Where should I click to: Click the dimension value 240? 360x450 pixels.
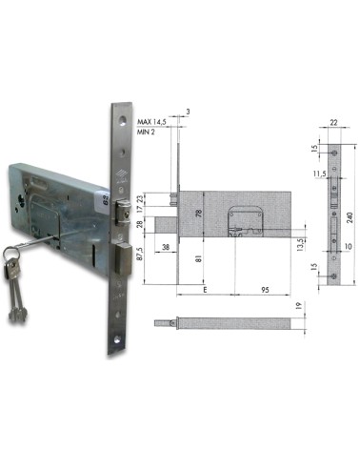[350, 217]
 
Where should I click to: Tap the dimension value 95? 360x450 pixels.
[265, 290]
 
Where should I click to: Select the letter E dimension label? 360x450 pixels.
[205, 290]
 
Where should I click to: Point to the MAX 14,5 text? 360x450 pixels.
[151, 122]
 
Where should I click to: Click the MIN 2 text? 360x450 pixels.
[146, 133]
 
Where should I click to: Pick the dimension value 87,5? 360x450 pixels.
[140, 253]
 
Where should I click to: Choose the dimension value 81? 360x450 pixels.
[199, 258]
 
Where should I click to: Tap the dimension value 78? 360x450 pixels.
[199, 213]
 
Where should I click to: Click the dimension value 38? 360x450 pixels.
[166, 247]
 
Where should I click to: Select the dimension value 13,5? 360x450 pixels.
[300, 245]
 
